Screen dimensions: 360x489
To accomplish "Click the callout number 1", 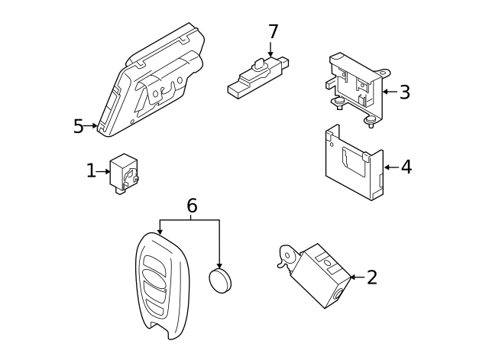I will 91,171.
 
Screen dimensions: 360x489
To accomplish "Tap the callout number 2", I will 371,277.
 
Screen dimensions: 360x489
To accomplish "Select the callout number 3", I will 404,92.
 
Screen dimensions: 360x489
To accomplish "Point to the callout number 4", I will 406,167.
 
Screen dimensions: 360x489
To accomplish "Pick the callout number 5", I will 78,126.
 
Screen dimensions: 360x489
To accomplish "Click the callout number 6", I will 192,205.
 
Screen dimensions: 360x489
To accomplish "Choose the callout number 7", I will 273,32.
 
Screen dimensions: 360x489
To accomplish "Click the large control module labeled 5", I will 153,84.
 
